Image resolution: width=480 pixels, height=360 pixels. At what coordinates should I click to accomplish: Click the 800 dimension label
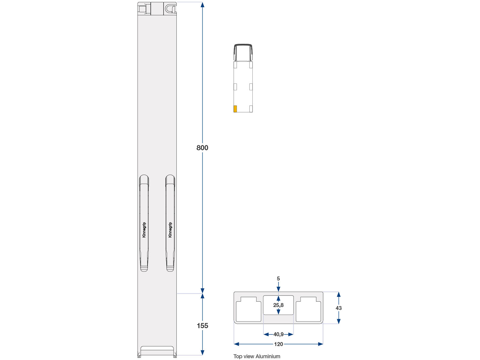click(x=202, y=148)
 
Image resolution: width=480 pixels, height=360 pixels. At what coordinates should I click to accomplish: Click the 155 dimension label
click(x=202, y=325)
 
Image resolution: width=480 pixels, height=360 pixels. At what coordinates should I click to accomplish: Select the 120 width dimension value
click(x=278, y=344)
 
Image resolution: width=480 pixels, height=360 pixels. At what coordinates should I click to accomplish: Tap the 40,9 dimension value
click(x=278, y=334)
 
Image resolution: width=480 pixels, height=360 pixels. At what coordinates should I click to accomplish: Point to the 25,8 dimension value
click(x=278, y=305)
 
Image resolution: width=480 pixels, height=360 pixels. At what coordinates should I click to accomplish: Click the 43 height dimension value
click(x=339, y=308)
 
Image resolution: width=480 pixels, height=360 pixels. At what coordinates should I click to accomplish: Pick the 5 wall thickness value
click(x=278, y=279)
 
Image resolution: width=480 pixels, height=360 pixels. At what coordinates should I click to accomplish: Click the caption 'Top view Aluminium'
click(x=257, y=356)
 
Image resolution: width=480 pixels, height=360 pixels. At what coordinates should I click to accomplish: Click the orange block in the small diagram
click(x=235, y=109)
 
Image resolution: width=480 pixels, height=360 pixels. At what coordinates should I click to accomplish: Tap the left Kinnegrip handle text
click(x=144, y=230)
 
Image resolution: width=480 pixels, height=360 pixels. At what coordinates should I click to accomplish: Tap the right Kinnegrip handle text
click(x=170, y=230)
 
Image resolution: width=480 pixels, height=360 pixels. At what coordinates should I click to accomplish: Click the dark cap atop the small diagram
click(x=243, y=51)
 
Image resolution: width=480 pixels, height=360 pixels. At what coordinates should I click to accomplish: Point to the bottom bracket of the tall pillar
click(x=157, y=351)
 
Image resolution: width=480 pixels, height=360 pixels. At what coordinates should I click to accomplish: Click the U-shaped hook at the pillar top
click(x=170, y=8)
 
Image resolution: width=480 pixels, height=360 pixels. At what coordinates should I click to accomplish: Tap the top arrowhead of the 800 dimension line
click(x=202, y=5)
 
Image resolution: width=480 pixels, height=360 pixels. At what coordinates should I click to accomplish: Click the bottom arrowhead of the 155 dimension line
click(x=202, y=352)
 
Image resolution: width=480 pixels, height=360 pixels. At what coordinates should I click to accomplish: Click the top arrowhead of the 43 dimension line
click(x=339, y=295)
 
